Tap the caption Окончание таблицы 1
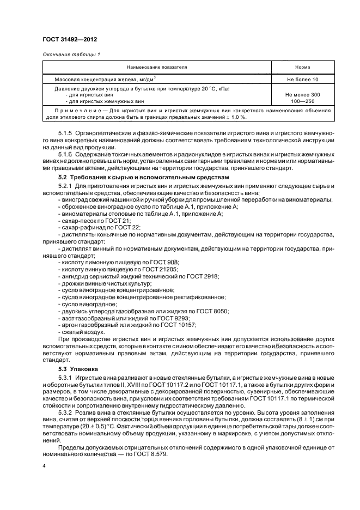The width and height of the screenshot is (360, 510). pos(71,54)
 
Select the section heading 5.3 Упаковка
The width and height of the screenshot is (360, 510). pos(78,369)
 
